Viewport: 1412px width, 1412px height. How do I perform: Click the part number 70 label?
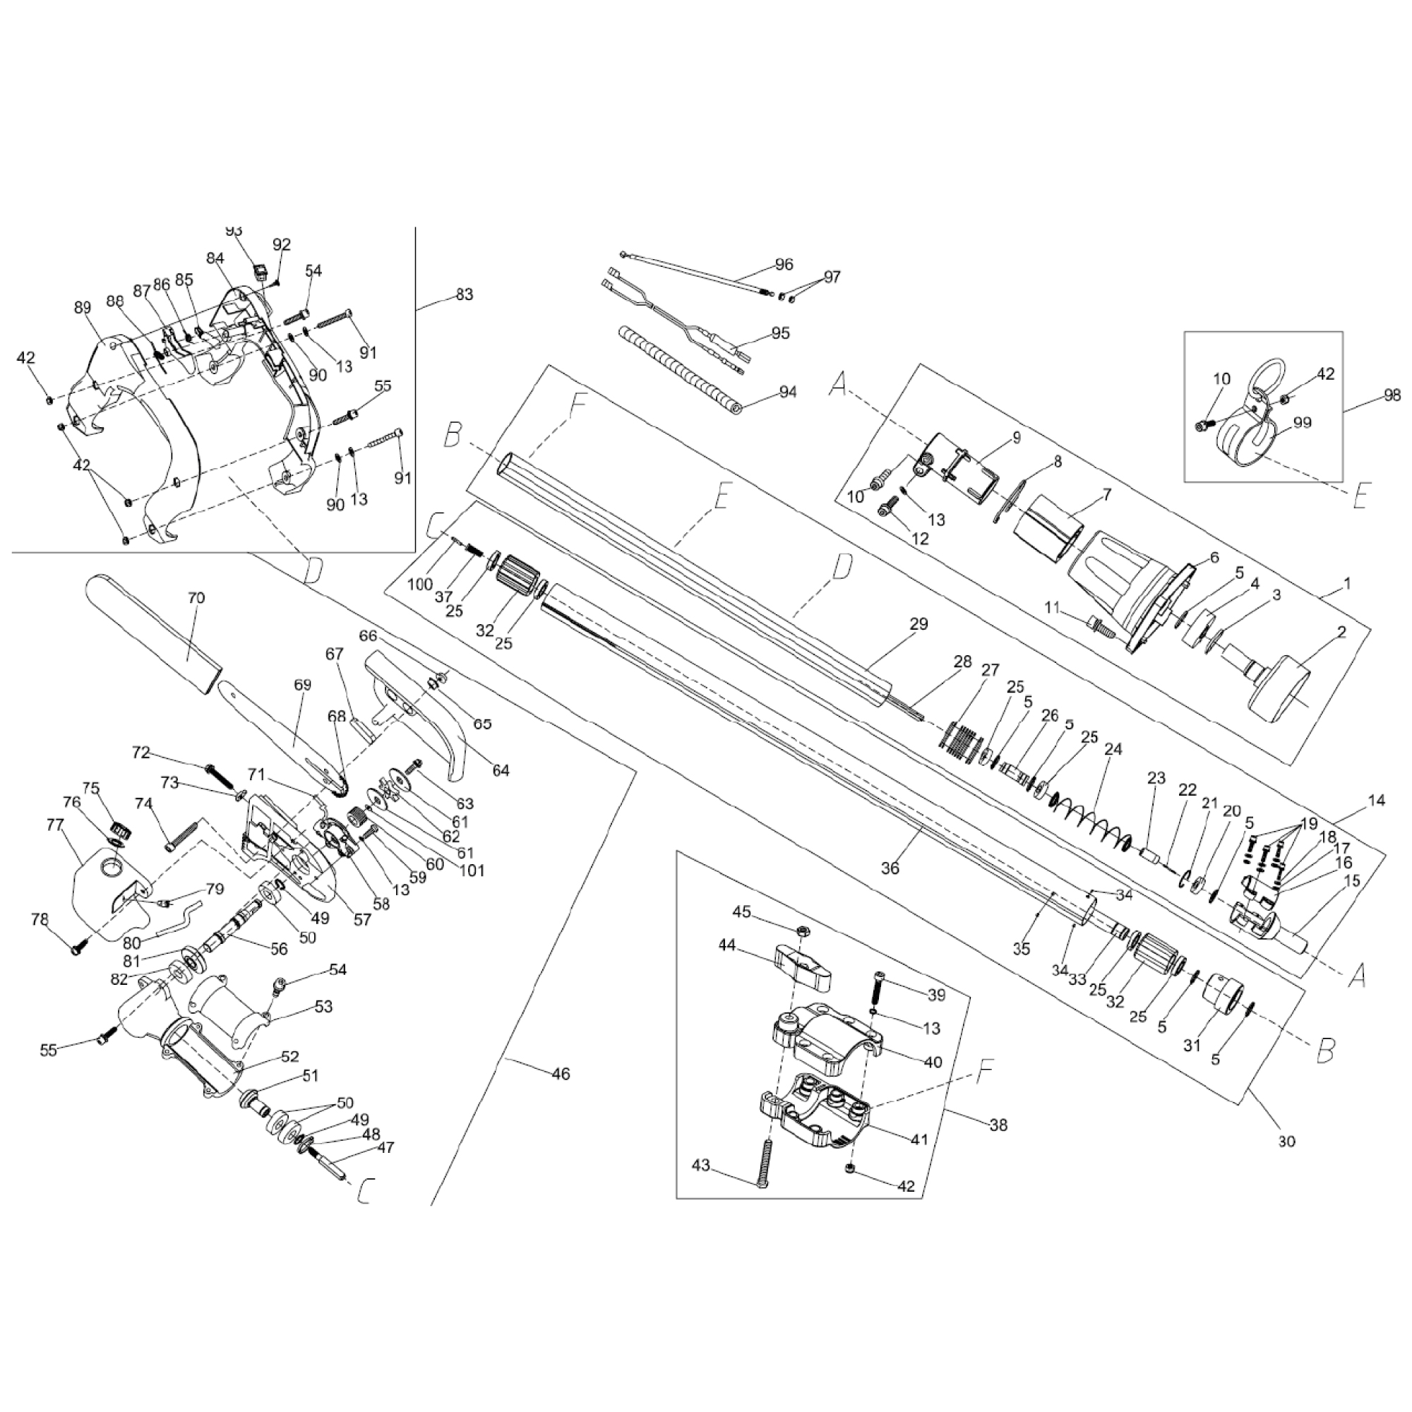point(196,598)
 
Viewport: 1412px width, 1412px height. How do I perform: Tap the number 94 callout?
point(787,392)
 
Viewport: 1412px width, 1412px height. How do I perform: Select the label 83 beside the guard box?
point(464,294)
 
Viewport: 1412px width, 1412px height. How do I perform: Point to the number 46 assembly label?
point(561,1074)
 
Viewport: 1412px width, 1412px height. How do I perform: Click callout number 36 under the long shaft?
point(890,868)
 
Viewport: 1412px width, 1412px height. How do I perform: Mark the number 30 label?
point(1286,1141)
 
